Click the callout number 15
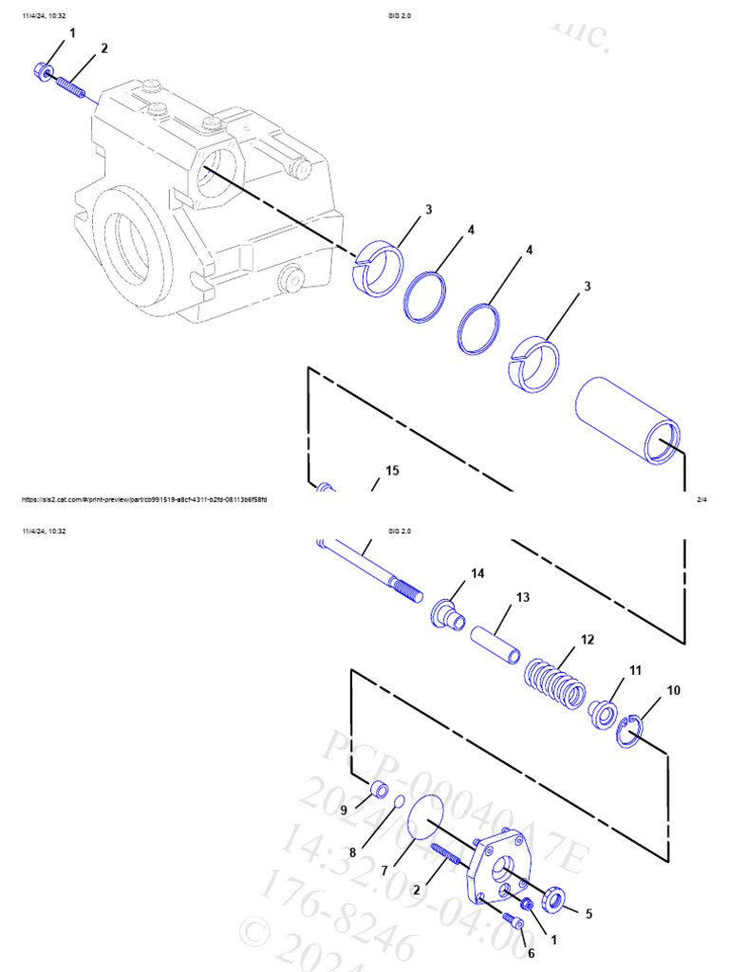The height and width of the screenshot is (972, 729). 392,470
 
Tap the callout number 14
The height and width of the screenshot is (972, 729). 477,573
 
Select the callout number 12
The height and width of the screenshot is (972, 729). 588,639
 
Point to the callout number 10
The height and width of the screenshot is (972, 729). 673,690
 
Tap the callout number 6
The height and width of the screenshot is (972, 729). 531,953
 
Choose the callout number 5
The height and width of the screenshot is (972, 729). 589,914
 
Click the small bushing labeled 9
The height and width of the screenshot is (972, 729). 379,788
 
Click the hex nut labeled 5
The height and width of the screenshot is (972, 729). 552,899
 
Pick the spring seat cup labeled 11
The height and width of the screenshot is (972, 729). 601,712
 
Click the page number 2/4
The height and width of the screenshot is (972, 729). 701,499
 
